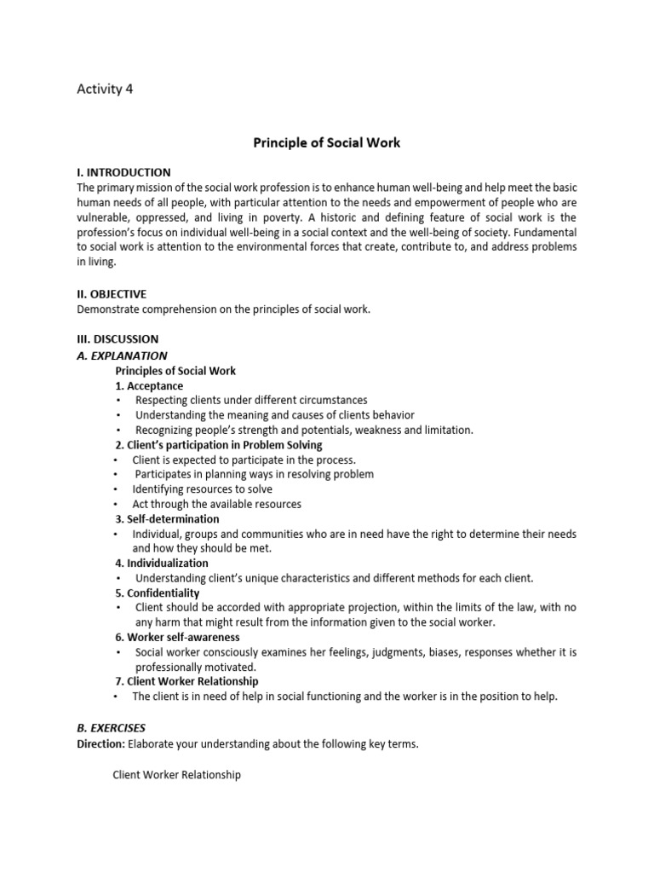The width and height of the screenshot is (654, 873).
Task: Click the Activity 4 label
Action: [106, 89]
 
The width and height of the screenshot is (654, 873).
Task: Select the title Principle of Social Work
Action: [327, 143]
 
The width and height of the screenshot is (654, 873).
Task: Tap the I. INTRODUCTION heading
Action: [123, 172]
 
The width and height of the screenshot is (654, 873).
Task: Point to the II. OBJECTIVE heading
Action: [112, 294]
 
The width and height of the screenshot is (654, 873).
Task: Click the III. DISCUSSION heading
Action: [118, 339]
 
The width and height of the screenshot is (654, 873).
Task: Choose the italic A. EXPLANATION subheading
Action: [122, 356]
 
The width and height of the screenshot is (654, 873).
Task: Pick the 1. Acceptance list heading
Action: [149, 386]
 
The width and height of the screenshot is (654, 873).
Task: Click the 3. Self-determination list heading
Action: [168, 518]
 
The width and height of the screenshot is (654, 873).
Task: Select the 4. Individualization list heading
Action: [162, 564]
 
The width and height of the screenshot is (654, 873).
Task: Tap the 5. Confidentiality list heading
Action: [158, 593]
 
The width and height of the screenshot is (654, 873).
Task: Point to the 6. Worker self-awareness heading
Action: [177, 637]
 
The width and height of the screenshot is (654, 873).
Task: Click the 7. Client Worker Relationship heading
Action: [186, 681]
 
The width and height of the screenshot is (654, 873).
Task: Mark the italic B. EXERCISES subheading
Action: [111, 728]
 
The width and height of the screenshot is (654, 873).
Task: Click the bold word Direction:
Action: [100, 743]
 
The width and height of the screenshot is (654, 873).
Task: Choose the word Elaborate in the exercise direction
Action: [152, 743]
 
